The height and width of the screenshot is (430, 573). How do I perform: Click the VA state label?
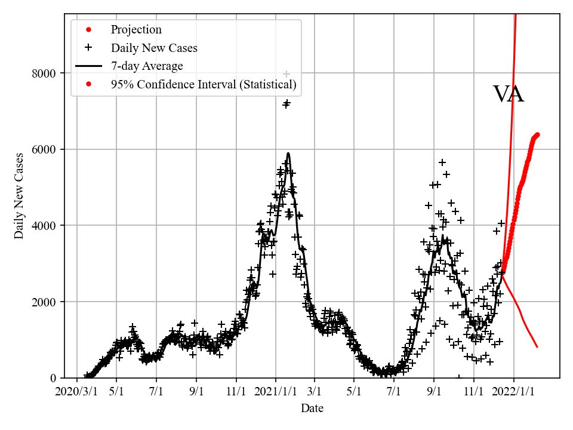509,94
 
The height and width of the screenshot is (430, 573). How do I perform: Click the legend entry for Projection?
136,30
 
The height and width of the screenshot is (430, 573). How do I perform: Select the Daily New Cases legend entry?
154,48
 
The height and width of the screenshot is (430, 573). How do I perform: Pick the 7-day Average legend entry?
147,66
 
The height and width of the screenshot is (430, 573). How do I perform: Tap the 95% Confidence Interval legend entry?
203,85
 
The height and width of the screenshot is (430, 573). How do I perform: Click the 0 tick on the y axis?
53,378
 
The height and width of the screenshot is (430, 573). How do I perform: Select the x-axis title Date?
312,408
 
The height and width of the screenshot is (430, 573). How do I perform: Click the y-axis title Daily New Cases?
19,196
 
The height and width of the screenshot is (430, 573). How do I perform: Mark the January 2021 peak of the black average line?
288,153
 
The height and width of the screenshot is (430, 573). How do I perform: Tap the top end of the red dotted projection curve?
537,134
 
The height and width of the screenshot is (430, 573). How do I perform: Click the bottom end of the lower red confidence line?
537,347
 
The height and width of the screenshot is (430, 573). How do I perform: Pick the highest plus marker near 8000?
286,74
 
